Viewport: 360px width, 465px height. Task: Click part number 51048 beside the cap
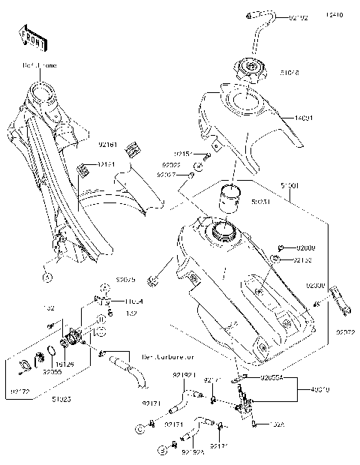pyautogui.click(x=289, y=73)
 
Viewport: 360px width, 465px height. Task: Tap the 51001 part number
pyautogui.click(x=289, y=184)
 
